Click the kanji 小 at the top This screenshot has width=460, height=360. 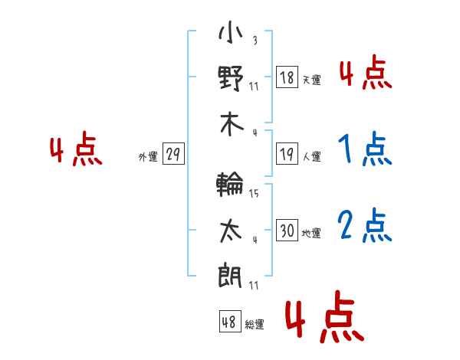click(x=231, y=31)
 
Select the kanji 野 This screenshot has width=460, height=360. click(x=231, y=78)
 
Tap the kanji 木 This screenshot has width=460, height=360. click(x=232, y=124)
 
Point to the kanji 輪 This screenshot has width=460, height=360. click(x=230, y=184)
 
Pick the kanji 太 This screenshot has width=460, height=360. click(x=231, y=231)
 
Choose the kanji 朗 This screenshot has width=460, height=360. click(x=230, y=276)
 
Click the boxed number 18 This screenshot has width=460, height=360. click(x=287, y=77)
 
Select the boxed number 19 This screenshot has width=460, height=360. click(x=287, y=154)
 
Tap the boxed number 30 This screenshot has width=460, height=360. click(x=287, y=230)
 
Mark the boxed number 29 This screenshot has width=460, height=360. click(x=173, y=154)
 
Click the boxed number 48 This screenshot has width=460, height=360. click(x=230, y=321)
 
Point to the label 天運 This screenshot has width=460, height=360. click(x=312, y=80)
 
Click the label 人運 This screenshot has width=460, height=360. click(x=312, y=156)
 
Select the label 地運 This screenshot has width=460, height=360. click(x=311, y=233)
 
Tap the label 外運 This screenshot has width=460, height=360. click(x=148, y=156)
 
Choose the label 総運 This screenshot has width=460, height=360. click(x=255, y=324)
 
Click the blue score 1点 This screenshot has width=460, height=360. click(x=365, y=149)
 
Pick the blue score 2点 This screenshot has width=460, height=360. click(x=365, y=225)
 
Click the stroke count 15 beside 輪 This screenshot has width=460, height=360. click(x=254, y=193)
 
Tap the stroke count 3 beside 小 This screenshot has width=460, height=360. click(x=255, y=40)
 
